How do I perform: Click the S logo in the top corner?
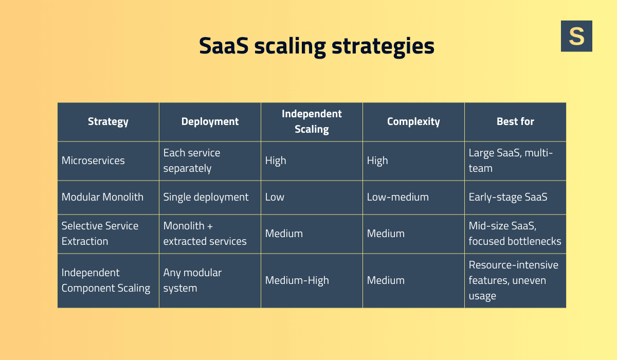click(576, 36)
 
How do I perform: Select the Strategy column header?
click(108, 122)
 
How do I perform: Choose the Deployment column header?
click(210, 122)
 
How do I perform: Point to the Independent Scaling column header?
click(312, 122)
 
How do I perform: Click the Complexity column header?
click(413, 122)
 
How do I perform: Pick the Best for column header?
click(515, 122)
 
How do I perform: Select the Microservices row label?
click(93, 160)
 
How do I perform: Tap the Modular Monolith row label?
click(102, 197)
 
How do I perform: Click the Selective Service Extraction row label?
click(100, 233)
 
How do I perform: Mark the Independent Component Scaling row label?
click(105, 280)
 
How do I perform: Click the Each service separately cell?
click(191, 160)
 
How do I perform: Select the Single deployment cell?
click(206, 197)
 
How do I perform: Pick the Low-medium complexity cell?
click(397, 197)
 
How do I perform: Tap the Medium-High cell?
click(297, 280)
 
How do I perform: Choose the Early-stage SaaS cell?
click(508, 197)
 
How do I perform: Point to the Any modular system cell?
click(192, 280)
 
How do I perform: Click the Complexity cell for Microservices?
click(377, 160)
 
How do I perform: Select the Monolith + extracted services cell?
click(205, 233)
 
